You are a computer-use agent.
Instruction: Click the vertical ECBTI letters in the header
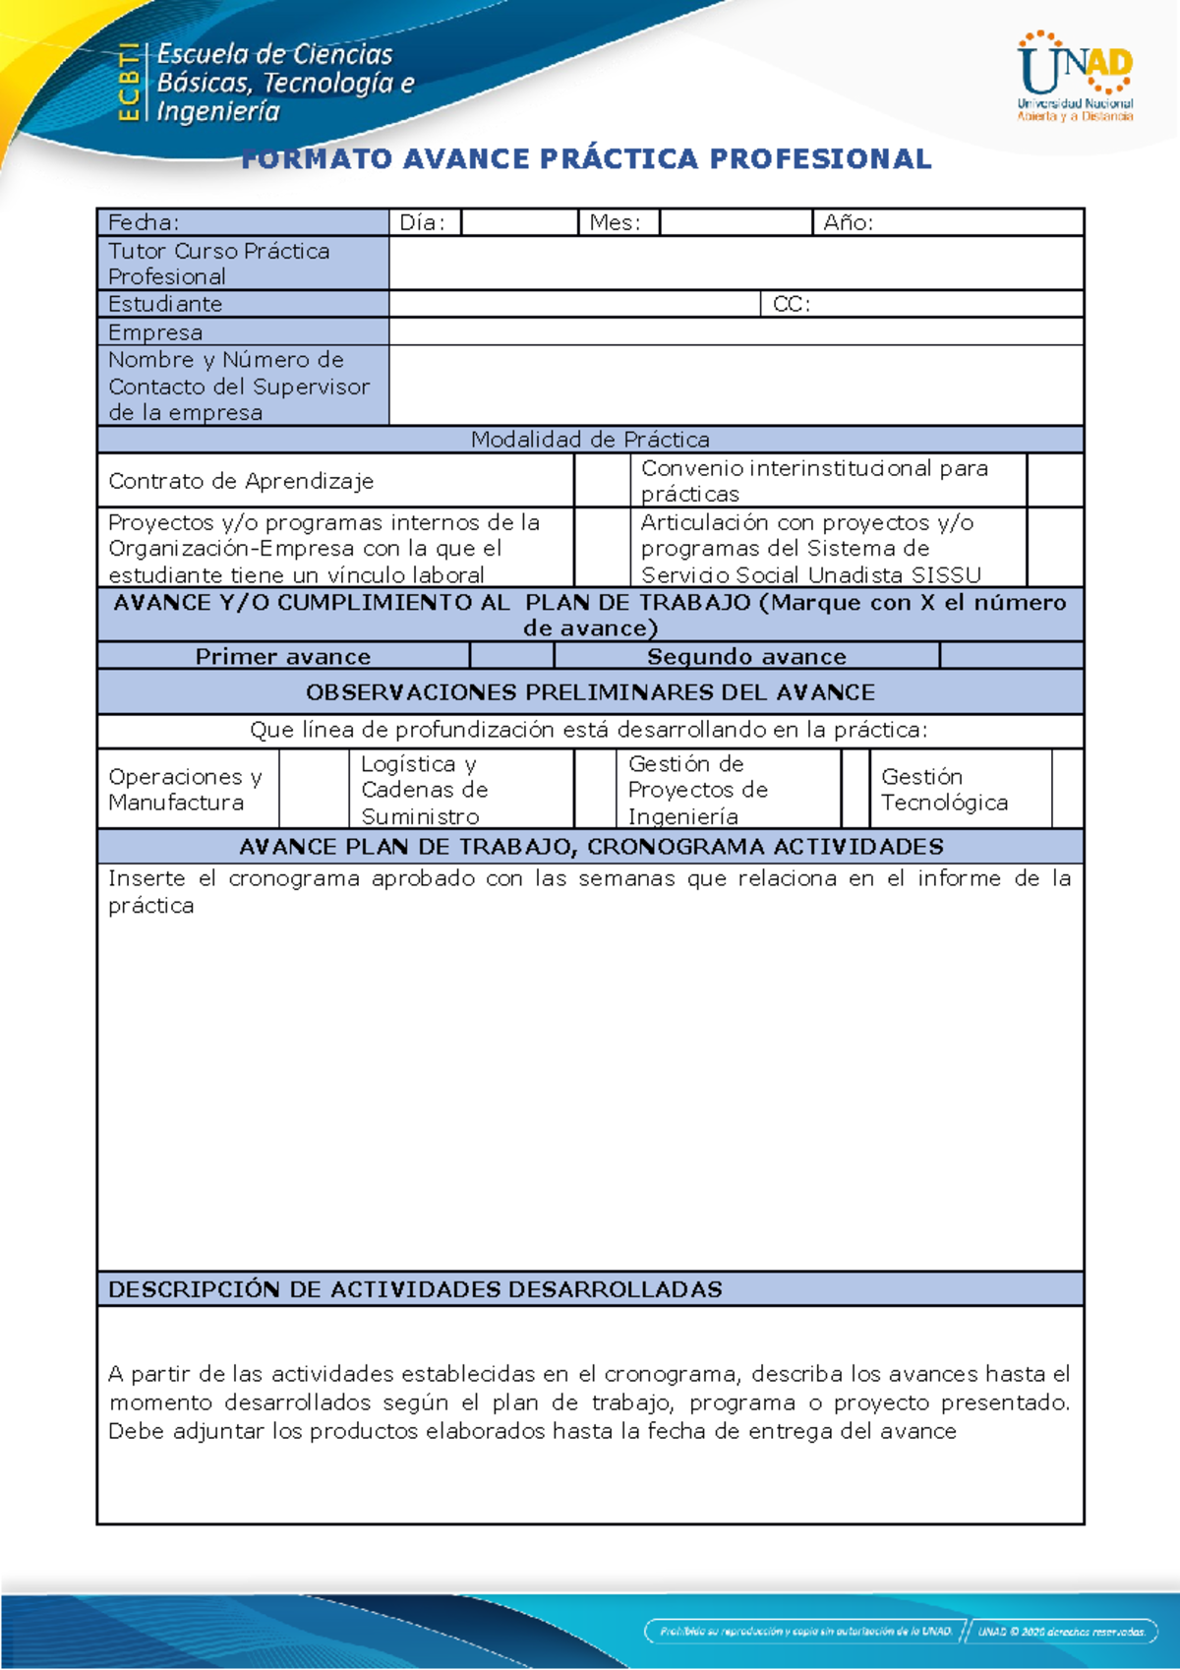click(128, 83)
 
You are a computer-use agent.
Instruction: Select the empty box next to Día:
click(518, 222)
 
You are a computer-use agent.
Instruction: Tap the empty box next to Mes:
click(735, 222)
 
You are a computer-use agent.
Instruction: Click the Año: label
click(848, 222)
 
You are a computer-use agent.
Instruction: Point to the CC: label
click(791, 304)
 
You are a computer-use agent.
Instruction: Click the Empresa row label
click(155, 332)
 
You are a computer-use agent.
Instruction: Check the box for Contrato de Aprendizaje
click(601, 481)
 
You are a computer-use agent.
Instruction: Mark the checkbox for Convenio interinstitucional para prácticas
click(1054, 481)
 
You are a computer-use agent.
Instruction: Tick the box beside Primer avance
click(511, 656)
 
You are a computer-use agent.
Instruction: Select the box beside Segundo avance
click(1010, 656)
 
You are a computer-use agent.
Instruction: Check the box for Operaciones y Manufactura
click(313, 790)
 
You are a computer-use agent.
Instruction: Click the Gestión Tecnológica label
click(944, 790)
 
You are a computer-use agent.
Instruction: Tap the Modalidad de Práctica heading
click(590, 440)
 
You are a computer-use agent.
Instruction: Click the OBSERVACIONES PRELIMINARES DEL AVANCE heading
click(590, 692)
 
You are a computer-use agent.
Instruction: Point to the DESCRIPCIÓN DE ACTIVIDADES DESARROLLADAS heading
click(415, 1289)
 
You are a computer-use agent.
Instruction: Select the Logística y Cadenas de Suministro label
click(424, 790)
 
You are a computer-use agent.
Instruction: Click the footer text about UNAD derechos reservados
click(1061, 1632)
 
